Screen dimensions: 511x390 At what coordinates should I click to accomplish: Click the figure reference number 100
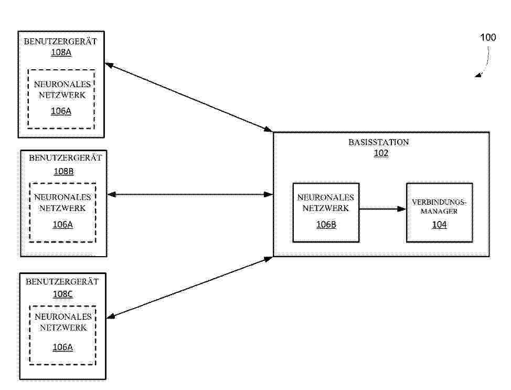pyautogui.click(x=488, y=37)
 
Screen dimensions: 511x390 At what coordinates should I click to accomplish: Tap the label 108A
pyautogui.click(x=61, y=52)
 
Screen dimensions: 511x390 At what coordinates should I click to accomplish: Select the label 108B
pyautogui.click(x=63, y=171)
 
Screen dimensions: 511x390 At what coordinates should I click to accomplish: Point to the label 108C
pyautogui.click(x=63, y=294)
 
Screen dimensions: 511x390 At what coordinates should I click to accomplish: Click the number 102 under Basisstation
pyautogui.click(x=381, y=153)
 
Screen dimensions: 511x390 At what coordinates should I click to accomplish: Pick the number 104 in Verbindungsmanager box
pyautogui.click(x=439, y=225)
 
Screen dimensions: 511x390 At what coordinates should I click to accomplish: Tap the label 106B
pyautogui.click(x=326, y=225)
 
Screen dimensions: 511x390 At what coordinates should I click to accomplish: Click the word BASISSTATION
pyautogui.click(x=379, y=142)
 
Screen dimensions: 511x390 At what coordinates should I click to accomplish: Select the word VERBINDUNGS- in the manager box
pyautogui.click(x=439, y=202)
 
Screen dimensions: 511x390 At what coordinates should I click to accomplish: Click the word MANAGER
pyautogui.click(x=439, y=212)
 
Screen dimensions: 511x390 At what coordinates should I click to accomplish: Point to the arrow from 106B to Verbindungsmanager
pyautogui.click(x=382, y=209)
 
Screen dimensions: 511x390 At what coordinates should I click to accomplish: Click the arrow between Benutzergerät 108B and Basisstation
pyautogui.click(x=190, y=195)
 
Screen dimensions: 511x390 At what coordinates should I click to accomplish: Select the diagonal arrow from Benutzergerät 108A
pyautogui.click(x=188, y=97)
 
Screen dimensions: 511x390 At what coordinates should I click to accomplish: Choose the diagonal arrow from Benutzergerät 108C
pyautogui.click(x=190, y=287)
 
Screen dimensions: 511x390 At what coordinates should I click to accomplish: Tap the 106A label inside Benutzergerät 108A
pyautogui.click(x=61, y=111)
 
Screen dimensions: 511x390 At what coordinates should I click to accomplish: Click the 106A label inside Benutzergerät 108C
pyautogui.click(x=62, y=347)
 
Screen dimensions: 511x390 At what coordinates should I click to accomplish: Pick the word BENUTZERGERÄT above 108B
pyautogui.click(x=65, y=158)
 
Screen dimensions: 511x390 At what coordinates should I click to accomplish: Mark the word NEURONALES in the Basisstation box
pyautogui.click(x=326, y=197)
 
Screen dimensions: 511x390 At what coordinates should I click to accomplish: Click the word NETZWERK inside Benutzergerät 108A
pyautogui.click(x=62, y=95)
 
